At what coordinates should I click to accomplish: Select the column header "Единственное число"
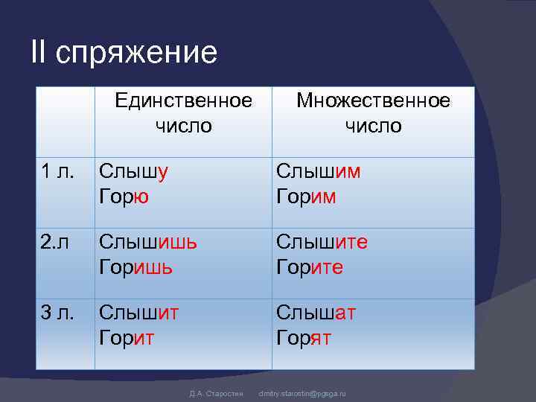(183, 113)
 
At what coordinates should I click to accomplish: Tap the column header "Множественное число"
(373, 113)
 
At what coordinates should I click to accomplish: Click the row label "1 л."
(57, 172)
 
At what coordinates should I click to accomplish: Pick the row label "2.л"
(55, 243)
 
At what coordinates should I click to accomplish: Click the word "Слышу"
(134, 172)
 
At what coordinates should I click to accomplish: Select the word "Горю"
(125, 197)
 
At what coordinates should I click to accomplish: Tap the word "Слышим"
(319, 172)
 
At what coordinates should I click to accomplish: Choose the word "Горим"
(307, 197)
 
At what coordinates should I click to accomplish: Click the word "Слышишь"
(149, 243)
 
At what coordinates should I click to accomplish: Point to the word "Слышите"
(322, 243)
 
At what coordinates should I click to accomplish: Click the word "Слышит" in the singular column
(138, 313)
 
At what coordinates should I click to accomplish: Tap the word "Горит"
(127, 338)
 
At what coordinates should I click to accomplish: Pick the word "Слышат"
(316, 313)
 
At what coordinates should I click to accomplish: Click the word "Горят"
(304, 338)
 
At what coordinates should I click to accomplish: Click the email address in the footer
(302, 392)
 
